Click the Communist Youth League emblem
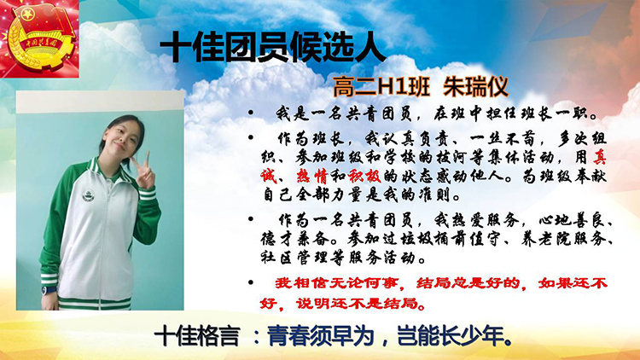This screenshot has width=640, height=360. (39, 38)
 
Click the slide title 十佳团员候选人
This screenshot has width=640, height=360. (273, 47)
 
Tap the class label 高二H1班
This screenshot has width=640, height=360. (381, 87)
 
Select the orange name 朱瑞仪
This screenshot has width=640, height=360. (476, 87)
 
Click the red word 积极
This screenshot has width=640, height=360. (364, 177)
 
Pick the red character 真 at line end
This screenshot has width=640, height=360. (599, 158)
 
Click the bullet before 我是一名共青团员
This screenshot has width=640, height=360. (251, 113)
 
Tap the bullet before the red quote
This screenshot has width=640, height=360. (251, 282)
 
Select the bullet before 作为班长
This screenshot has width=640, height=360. (251, 137)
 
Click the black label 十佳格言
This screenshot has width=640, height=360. (197, 337)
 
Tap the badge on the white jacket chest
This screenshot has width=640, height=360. (87, 195)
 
